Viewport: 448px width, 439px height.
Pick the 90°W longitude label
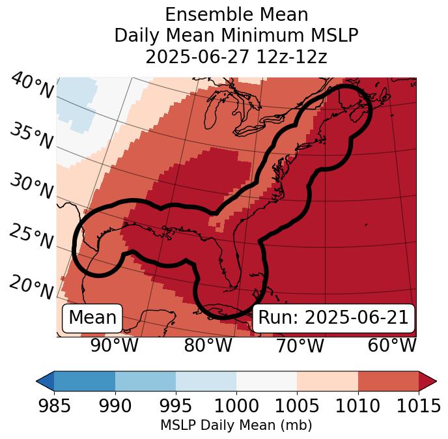coord(114,345)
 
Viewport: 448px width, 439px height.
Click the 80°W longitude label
coord(208,345)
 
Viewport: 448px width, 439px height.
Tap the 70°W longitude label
coord(300,345)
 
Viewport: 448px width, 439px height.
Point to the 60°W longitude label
coord(392,345)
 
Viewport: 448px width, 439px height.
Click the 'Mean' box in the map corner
coord(92,318)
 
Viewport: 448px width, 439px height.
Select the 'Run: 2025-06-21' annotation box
coord(333,318)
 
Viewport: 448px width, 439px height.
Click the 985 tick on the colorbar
coord(54,406)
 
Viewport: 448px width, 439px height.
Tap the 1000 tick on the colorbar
coord(236,406)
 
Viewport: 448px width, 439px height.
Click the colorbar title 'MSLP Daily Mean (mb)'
coord(236,425)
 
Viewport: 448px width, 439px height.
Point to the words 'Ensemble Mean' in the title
coord(236,14)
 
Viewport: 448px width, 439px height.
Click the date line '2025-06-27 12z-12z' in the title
coord(236,57)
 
